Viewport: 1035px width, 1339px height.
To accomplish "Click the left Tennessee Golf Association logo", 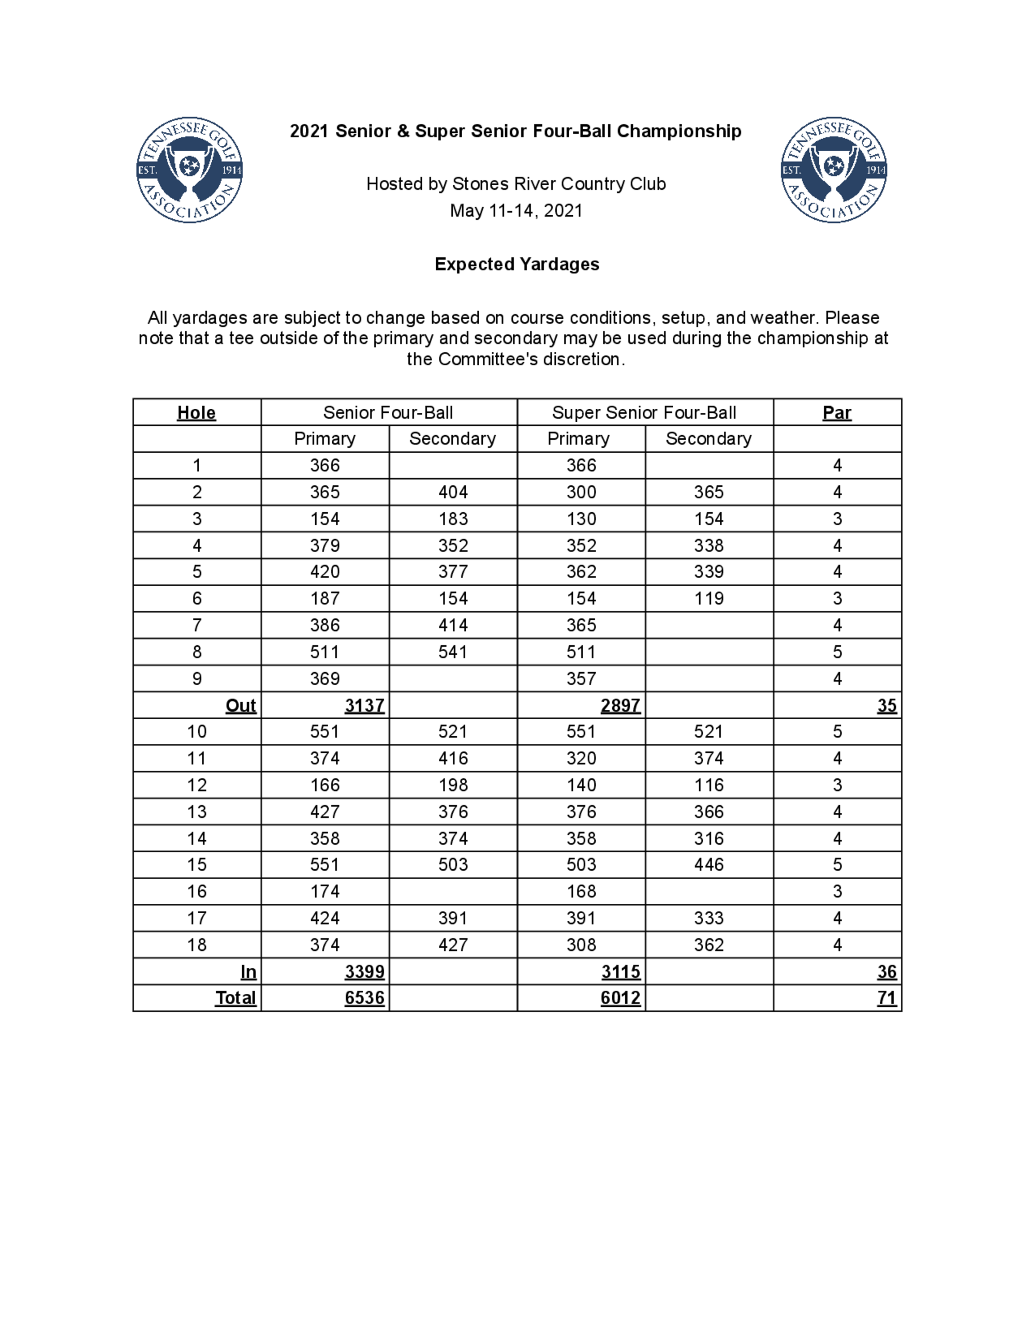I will click(189, 170).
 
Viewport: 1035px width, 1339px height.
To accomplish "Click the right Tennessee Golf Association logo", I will click(833, 170).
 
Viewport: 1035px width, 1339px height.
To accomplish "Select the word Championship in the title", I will click(679, 131).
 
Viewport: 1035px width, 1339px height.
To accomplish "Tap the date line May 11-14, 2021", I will click(515, 211).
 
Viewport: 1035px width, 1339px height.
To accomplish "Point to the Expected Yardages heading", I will click(517, 264).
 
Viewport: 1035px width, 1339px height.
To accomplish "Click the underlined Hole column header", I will click(196, 412).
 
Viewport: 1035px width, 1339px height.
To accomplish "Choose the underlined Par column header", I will click(836, 412).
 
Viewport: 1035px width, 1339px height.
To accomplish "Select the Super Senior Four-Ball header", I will click(644, 412).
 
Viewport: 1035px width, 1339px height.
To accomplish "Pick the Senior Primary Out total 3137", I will click(364, 706).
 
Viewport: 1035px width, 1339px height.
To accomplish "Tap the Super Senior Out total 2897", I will click(620, 706).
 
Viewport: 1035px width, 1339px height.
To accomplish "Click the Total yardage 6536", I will click(364, 998).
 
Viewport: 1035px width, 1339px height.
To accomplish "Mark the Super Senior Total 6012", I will click(620, 998).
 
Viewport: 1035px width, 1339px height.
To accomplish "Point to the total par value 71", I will click(886, 998).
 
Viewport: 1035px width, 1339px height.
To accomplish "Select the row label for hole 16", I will click(196, 891).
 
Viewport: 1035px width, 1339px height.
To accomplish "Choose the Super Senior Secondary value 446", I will click(709, 865).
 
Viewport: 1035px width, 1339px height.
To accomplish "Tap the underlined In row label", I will click(248, 972).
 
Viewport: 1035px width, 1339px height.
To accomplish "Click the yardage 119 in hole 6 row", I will click(709, 599).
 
